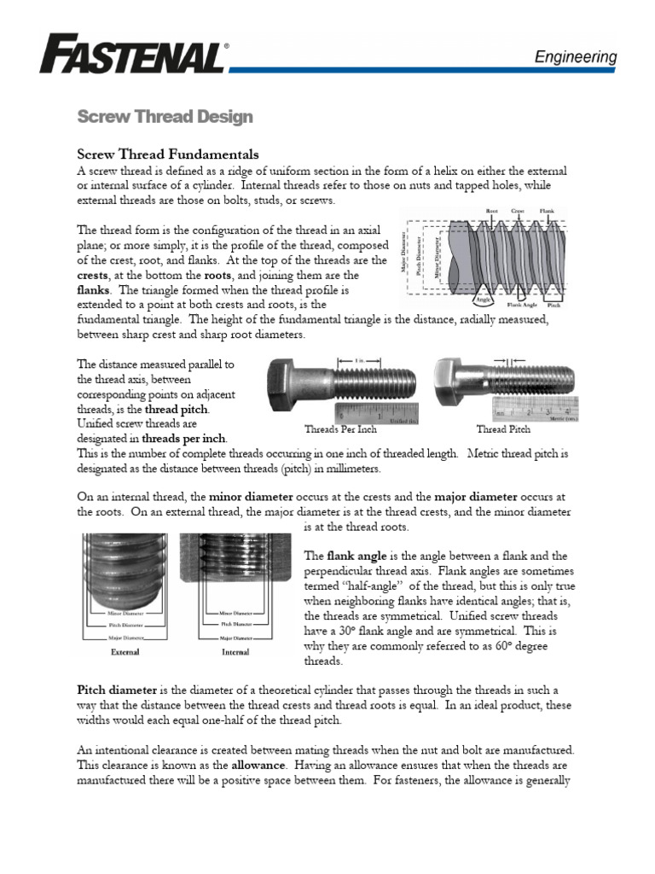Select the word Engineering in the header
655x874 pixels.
[575, 57]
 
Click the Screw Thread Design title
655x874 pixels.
[165, 116]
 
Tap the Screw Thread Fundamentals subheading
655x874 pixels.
[168, 154]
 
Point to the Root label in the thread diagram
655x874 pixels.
[492, 210]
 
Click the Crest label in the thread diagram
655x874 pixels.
[517, 210]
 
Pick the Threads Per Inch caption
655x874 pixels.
[340, 429]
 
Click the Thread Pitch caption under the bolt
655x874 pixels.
[503, 429]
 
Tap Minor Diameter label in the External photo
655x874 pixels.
[113, 613]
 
